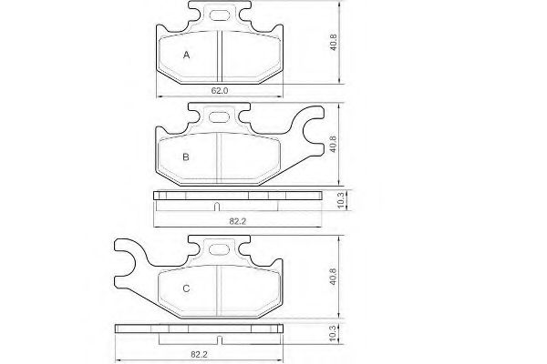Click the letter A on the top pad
tap(186, 55)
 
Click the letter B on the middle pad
tap(186, 157)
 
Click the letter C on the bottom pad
tap(186, 288)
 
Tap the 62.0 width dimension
tap(220, 91)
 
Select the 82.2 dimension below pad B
tap(238, 221)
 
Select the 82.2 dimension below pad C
tap(199, 355)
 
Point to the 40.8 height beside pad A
tap(334, 42)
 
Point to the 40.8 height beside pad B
tap(333, 144)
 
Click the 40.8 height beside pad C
tap(333, 277)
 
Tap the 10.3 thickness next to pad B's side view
tap(341, 200)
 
